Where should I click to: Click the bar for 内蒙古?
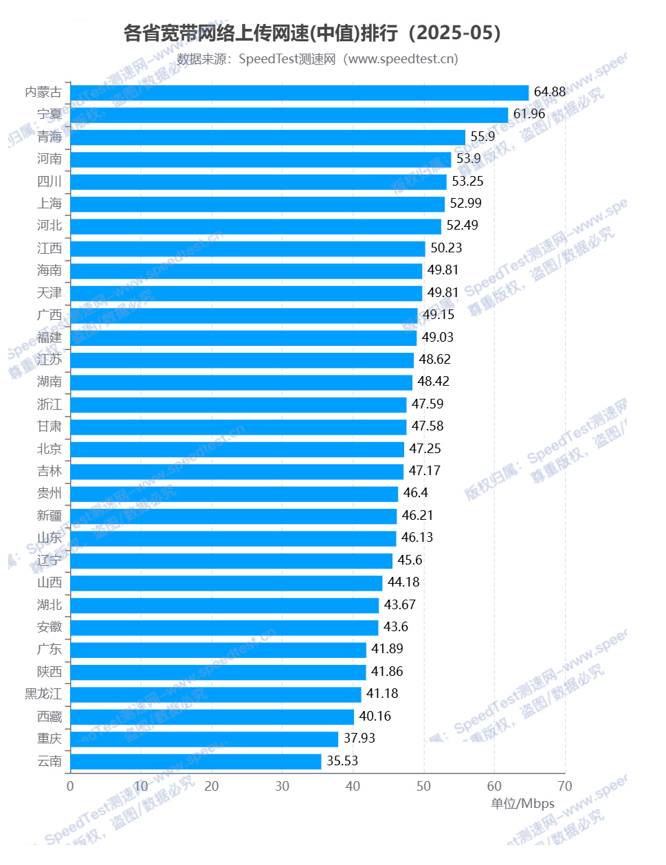299,93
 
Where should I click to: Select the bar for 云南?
195,761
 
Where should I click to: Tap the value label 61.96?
529,114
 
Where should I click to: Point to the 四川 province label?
49,182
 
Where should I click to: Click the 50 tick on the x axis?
423,786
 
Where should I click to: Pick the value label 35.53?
342,760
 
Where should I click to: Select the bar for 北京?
236,449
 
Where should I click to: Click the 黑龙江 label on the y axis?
43,694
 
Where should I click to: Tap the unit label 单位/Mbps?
522,804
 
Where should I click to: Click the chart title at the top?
313,33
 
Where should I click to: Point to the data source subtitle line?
318,59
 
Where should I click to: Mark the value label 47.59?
428,404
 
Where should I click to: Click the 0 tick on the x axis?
70,786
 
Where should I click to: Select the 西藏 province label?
49,716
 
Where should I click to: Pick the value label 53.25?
467,182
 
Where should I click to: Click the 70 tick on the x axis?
565,786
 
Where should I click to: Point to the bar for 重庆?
204,738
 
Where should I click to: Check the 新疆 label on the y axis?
49,516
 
